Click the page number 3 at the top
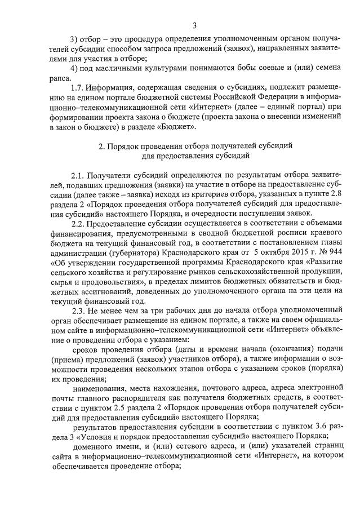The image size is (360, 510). click(194, 25)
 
